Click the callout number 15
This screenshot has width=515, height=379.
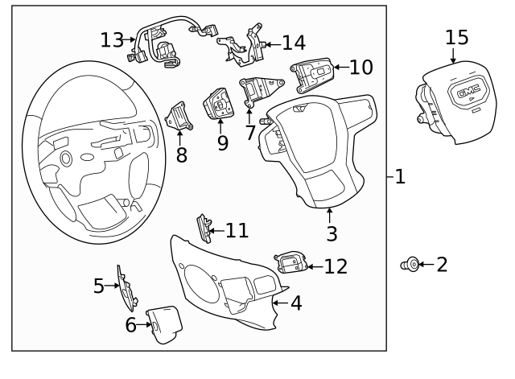click(x=456, y=38)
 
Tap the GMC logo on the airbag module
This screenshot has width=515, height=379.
click(x=468, y=94)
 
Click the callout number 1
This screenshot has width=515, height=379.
click(x=399, y=176)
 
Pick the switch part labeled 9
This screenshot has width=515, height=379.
click(x=219, y=105)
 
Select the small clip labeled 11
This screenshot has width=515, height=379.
click(x=204, y=229)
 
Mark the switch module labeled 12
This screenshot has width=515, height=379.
click(x=290, y=262)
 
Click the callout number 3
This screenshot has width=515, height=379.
click(x=332, y=234)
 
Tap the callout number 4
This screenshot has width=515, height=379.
click(x=296, y=303)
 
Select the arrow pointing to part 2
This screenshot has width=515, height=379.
click(x=424, y=264)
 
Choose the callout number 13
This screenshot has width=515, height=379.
click(x=112, y=39)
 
